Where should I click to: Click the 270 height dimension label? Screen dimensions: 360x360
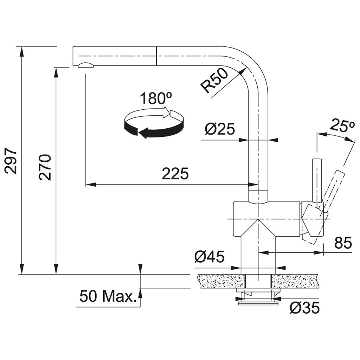(46, 167)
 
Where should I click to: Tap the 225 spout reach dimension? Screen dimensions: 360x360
(175, 174)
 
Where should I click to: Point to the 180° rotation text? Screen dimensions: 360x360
(155, 98)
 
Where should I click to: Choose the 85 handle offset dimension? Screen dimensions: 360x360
(343, 243)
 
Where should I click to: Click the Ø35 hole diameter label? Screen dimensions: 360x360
(304, 308)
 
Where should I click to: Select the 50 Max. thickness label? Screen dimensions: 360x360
(108, 296)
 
